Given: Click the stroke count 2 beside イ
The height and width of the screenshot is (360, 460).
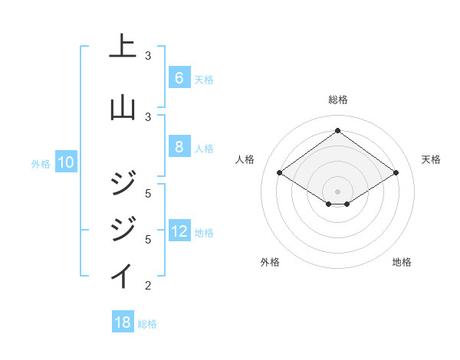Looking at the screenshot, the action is (x=148, y=286).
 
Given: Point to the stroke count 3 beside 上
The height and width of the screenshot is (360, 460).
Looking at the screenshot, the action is (x=148, y=56).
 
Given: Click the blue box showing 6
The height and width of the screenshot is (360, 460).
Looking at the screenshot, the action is (x=179, y=78).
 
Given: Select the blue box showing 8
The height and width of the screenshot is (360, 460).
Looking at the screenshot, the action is (x=179, y=147).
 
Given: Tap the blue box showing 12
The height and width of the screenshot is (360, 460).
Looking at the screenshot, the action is (x=179, y=231).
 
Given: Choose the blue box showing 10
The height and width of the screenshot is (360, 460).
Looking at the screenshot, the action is (x=65, y=162).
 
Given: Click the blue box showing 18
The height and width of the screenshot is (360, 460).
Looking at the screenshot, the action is (x=123, y=322).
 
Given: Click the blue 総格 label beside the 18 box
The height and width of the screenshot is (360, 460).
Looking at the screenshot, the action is (x=147, y=324).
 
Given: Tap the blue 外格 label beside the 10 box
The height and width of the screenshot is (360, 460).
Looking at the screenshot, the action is (x=40, y=164).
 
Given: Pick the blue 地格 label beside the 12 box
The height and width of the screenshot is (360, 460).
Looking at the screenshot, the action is (x=204, y=233).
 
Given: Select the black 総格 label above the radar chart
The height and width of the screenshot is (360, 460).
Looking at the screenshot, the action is (x=337, y=100).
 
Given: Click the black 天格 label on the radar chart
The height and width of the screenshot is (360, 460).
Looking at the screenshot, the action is (x=431, y=159).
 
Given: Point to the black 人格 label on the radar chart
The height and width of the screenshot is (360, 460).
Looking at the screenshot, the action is (x=245, y=159).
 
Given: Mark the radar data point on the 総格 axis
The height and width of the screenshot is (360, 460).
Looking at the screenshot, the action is (x=337, y=131).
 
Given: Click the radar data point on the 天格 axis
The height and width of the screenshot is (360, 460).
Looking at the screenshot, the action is (x=396, y=173).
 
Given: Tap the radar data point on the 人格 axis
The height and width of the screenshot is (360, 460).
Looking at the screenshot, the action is (x=280, y=173).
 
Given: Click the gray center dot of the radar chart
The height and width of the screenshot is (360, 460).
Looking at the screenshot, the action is (x=337, y=191).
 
